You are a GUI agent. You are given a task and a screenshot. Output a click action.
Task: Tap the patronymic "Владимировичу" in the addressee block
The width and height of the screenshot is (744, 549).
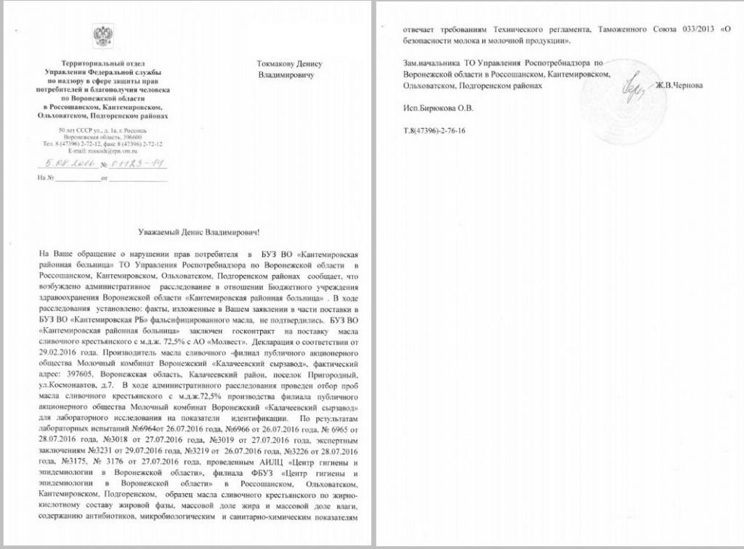[286, 74]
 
